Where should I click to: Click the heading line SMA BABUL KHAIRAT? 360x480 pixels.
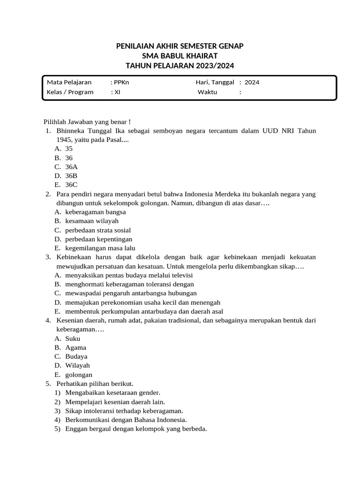tap(180, 56)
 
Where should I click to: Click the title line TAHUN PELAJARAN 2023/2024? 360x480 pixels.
tap(180, 66)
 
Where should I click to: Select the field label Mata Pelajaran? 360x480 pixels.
tap(69, 82)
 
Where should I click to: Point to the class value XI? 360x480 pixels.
tap(117, 92)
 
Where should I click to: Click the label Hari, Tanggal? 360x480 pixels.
tap(215, 82)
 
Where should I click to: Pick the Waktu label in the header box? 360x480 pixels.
tap(207, 92)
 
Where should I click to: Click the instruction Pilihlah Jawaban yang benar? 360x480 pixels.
tap(87, 121)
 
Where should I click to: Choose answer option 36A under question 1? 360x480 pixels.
tap(71, 166)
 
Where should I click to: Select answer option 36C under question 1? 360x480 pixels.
tap(71, 185)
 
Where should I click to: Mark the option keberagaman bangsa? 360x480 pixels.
tap(95, 212)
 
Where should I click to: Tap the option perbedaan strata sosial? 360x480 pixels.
tap(98, 230)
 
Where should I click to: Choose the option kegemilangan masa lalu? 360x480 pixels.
tap(100, 248)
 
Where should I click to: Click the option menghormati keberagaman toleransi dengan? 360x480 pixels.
tap(129, 284)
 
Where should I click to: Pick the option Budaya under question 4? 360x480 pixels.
tap(76, 356)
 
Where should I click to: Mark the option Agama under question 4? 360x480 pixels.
tap(75, 347)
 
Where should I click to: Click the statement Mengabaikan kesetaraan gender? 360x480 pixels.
tap(113, 392)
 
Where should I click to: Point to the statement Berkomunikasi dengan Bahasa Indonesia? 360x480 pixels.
tap(126, 420)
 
